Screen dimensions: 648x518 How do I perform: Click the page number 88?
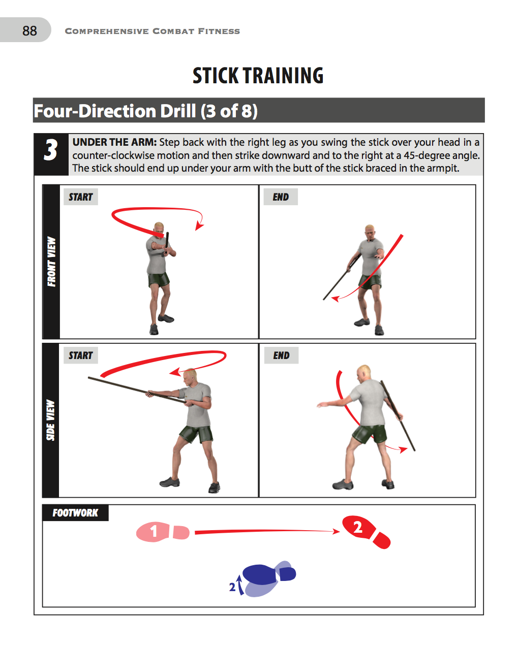pos(29,31)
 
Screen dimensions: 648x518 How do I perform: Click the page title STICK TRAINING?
pos(258,76)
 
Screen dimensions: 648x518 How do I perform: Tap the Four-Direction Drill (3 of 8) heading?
pos(146,111)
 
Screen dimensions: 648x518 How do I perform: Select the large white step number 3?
pos(50,151)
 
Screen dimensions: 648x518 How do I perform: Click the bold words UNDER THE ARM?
pos(114,142)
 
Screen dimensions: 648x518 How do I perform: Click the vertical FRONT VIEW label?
pos(51,262)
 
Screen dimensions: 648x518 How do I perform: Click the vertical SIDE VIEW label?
pos(50,420)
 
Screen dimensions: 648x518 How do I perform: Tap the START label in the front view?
pos(80,197)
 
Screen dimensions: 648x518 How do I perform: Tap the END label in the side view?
pos(281,355)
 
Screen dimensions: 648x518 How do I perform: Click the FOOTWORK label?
pos(75,513)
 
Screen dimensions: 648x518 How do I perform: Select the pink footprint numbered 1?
pos(154,532)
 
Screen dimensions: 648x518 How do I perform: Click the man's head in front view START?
pos(160,228)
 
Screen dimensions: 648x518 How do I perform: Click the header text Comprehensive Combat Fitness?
pos(152,31)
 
